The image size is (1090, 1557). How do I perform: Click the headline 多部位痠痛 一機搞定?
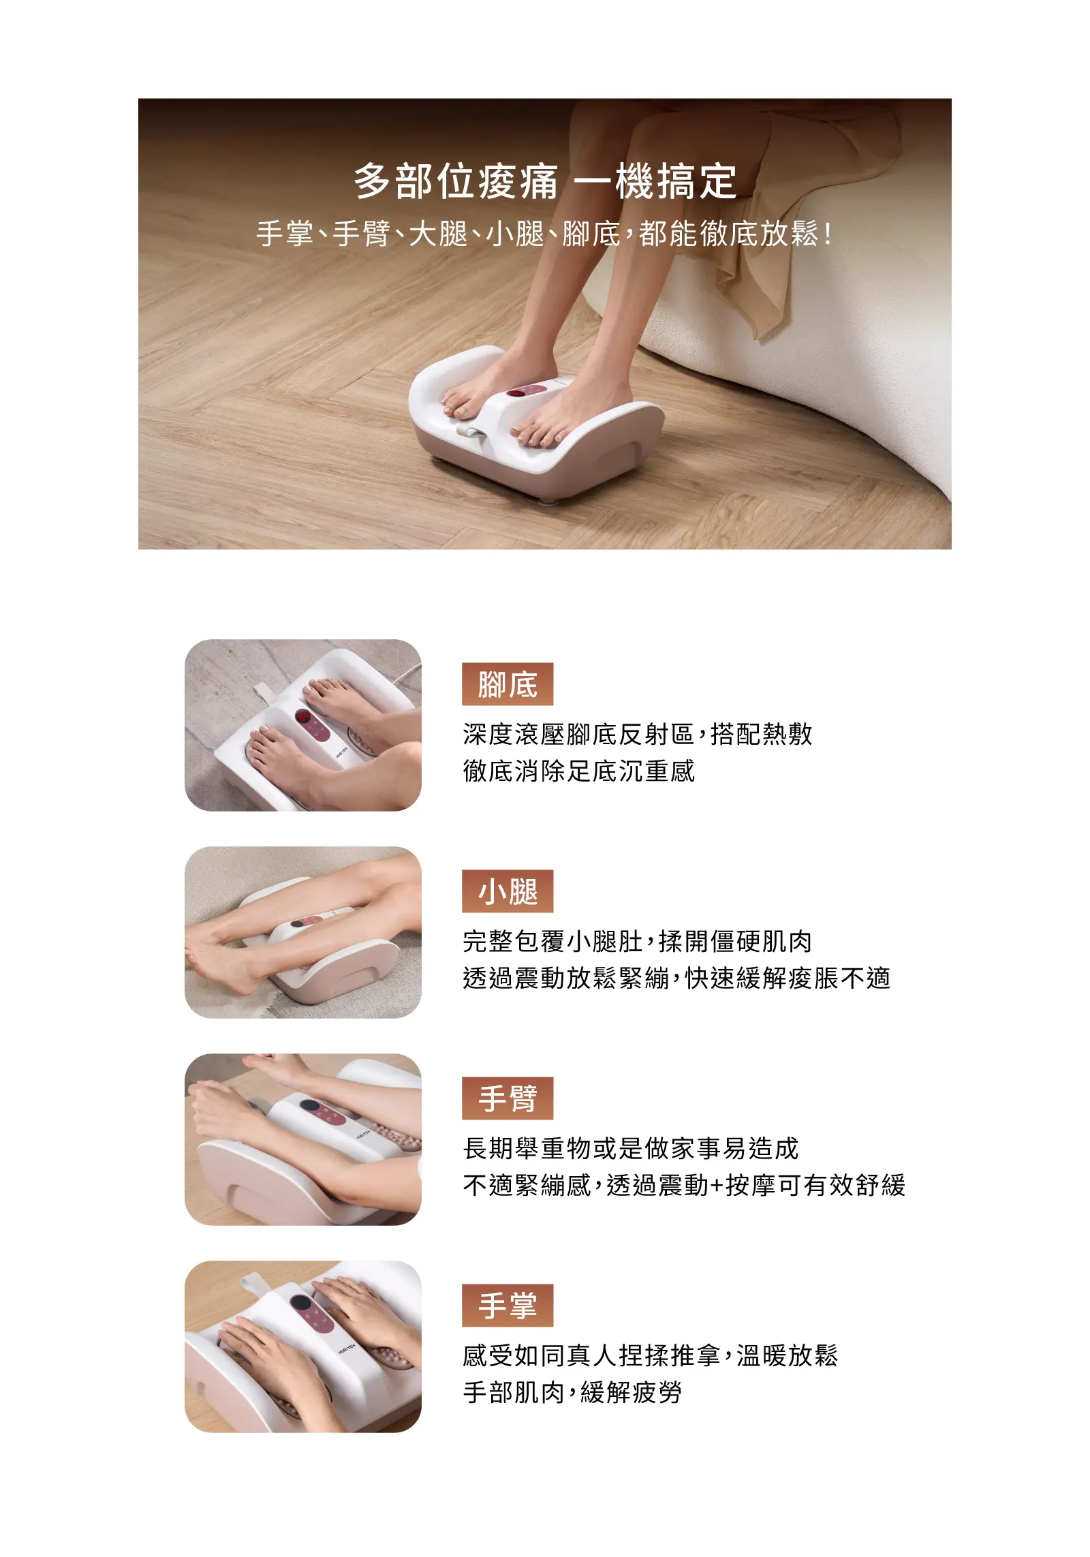click(545, 181)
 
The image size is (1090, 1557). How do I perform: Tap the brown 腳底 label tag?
click(508, 683)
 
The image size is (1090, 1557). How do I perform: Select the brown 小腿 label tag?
click(508, 891)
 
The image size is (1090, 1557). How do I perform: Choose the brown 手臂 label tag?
click(508, 1098)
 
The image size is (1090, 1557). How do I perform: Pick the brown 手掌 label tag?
click(508, 1305)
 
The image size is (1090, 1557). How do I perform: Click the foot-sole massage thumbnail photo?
click(303, 725)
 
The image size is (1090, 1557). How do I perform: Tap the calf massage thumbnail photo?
click(303, 932)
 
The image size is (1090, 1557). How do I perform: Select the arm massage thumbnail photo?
click(303, 1139)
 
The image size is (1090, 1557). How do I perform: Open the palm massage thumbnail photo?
click(303, 1346)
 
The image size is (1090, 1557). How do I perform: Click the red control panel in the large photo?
click(525, 393)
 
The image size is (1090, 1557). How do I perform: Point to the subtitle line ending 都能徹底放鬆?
click(545, 234)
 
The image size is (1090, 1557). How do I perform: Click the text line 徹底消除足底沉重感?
click(578, 771)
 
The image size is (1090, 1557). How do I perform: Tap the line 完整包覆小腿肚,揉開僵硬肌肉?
click(637, 941)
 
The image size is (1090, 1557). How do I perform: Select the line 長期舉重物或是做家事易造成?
click(630, 1148)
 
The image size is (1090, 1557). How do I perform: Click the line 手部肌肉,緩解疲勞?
click(572, 1392)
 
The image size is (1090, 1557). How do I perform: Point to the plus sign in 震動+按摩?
click(716, 1186)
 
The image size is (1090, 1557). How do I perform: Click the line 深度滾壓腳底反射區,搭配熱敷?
click(637, 734)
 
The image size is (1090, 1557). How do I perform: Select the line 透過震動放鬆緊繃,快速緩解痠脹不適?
click(676, 978)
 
